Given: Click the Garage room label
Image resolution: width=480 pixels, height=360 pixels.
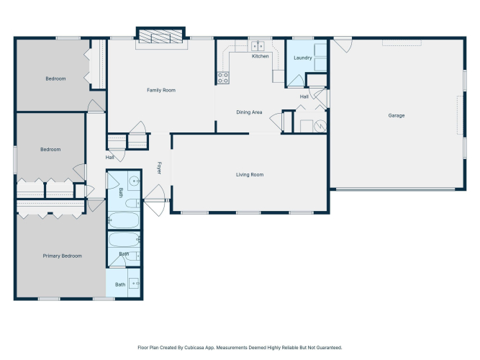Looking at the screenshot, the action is (x=396, y=115).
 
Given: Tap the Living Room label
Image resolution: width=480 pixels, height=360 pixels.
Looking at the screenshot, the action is (x=250, y=175).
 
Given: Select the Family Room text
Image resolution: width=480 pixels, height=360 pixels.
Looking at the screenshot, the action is (x=161, y=90).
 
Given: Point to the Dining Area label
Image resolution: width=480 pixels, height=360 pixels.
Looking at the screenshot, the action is (x=249, y=112).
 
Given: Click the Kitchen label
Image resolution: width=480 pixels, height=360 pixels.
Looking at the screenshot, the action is (x=261, y=56).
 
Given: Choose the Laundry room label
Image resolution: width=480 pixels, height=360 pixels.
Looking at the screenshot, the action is (x=302, y=58).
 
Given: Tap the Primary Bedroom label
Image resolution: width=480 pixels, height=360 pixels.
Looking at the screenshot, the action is (x=62, y=256).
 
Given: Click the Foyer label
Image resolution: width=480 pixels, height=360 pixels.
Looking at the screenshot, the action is (x=159, y=168).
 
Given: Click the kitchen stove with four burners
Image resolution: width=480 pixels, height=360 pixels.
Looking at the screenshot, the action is (x=223, y=78).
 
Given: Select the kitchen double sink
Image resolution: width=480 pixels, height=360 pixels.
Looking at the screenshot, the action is (x=258, y=46).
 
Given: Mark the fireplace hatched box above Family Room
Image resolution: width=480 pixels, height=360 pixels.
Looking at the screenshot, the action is (x=160, y=36).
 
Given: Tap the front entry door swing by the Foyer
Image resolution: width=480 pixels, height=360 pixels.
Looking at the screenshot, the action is (x=155, y=200).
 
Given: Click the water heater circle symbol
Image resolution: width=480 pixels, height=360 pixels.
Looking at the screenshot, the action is (x=320, y=126).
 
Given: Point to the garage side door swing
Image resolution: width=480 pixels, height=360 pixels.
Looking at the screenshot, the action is (x=343, y=45).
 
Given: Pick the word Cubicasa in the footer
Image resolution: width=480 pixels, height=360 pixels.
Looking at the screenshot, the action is (x=194, y=348).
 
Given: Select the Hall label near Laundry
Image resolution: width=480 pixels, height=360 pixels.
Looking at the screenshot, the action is (x=304, y=96).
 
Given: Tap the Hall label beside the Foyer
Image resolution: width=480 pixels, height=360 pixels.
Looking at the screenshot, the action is (x=109, y=158).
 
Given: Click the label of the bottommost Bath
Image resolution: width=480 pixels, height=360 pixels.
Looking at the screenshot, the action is (x=120, y=284).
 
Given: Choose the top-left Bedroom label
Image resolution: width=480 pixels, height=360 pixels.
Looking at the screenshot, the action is (x=55, y=78).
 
